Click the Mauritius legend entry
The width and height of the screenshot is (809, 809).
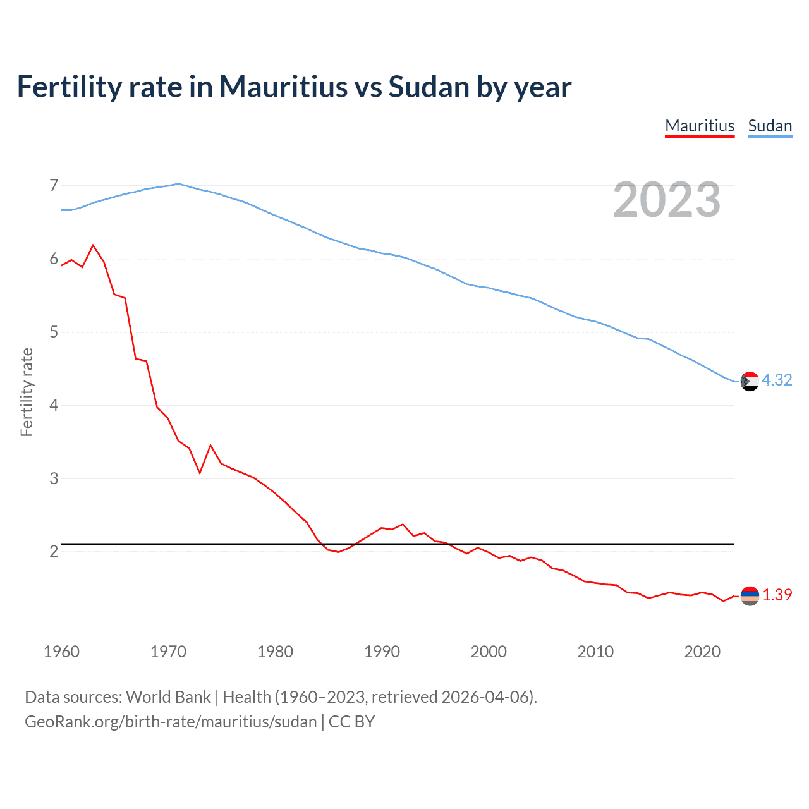tap(700, 126)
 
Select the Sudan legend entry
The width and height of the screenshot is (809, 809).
tap(770, 126)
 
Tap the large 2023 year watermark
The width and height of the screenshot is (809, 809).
tap(667, 200)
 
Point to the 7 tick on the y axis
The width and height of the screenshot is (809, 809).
tap(54, 186)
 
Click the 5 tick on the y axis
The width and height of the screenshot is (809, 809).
tap(54, 332)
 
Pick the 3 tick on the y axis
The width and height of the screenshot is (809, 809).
tap(54, 478)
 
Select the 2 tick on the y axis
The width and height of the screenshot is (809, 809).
tap(54, 551)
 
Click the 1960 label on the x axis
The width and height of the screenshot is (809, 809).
tap(61, 652)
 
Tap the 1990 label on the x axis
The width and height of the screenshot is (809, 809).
tap(382, 652)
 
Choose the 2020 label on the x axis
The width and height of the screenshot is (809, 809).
tap(702, 652)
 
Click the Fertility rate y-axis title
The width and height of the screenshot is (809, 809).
tap(27, 392)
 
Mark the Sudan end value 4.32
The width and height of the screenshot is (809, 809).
tap(777, 380)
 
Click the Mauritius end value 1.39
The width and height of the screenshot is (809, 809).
tap(777, 595)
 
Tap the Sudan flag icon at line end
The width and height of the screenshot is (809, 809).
tap(750, 382)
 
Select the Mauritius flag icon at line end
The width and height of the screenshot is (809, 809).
tap(750, 595)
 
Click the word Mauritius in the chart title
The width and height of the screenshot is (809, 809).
tap(284, 87)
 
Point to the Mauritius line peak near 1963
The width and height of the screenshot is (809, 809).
tap(94, 245)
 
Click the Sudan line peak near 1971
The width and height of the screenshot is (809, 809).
tap(178, 184)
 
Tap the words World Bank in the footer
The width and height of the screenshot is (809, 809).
tap(168, 697)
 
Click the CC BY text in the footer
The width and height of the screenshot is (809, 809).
tap(352, 722)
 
